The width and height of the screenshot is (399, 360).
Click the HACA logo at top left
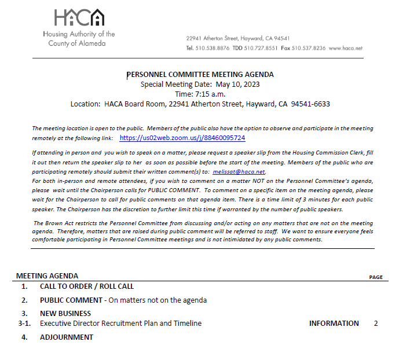point(79,19)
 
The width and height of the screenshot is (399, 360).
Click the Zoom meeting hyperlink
point(182,138)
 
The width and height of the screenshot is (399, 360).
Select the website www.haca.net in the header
point(345,48)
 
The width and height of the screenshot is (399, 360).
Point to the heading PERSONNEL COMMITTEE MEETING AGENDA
point(200,75)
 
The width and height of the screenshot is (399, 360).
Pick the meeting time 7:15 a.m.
point(208,94)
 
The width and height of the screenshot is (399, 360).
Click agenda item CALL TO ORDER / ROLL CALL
point(87,286)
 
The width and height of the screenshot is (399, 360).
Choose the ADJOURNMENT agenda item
point(67,337)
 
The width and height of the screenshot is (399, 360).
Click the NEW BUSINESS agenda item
point(65,314)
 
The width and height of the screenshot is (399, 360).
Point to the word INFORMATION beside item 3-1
point(334,324)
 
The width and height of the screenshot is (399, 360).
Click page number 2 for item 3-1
point(376,324)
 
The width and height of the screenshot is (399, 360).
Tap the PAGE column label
point(376,277)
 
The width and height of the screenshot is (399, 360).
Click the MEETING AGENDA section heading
point(47,276)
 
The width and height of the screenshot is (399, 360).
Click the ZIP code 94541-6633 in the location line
point(310,104)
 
